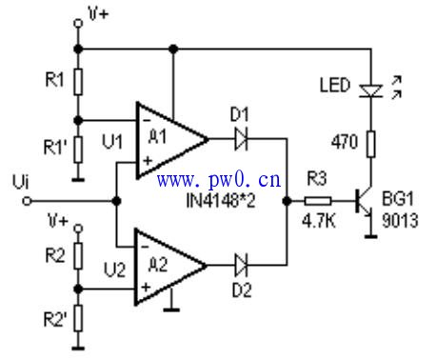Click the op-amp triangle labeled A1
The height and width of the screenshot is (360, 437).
tap(168, 139)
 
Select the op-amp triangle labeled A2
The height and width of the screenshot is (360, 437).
tap(168, 265)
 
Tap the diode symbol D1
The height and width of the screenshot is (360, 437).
tap(241, 139)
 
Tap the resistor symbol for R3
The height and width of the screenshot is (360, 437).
tap(318, 201)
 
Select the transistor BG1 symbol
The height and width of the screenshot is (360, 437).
tap(363, 201)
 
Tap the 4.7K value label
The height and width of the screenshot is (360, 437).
tap(318, 219)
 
